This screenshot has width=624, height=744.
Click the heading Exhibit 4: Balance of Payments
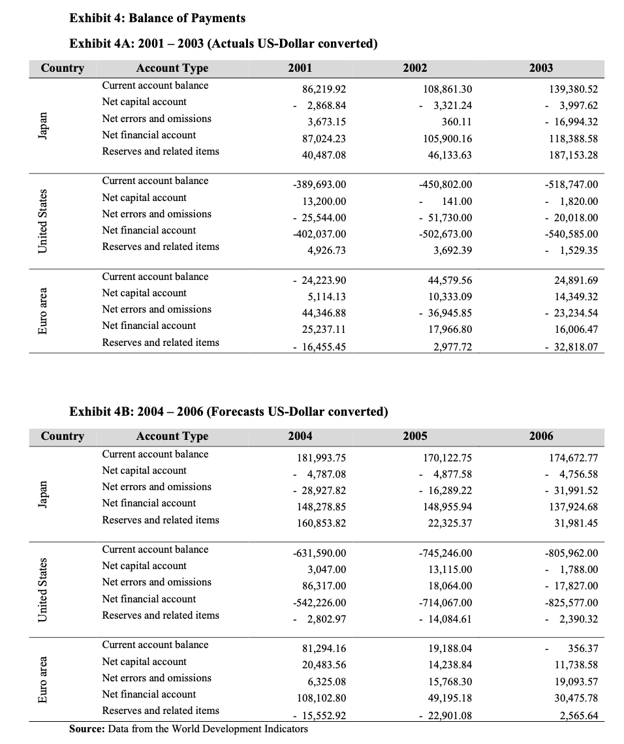(157, 18)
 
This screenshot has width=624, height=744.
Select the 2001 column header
(300, 68)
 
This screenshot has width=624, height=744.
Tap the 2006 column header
(541, 436)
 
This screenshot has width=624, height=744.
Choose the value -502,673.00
(444, 234)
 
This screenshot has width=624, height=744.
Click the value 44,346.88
(320, 313)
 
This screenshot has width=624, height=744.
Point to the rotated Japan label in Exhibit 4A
(43, 124)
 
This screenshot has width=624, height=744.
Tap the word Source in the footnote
(86, 728)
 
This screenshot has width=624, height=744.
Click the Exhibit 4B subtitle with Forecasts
(228, 412)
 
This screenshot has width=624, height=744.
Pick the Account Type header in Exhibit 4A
(172, 68)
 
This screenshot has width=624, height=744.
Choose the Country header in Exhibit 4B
(62, 436)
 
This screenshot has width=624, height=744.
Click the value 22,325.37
(446, 523)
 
